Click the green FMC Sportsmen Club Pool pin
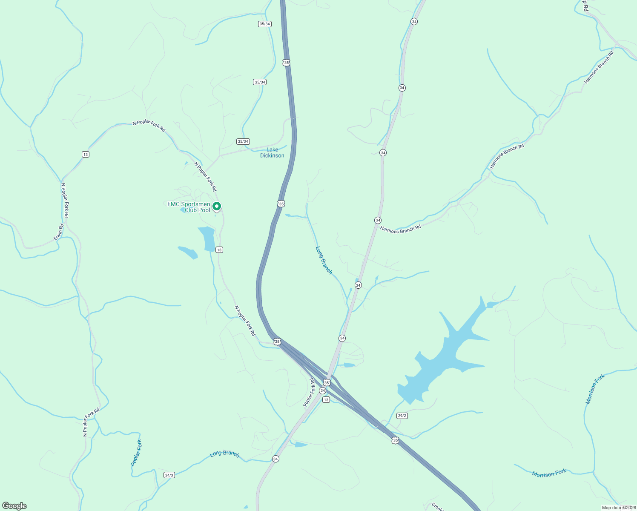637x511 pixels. pos(216,207)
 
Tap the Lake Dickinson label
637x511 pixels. pos(272,152)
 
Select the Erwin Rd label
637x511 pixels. pos(59,232)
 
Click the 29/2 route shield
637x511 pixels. pos(402,416)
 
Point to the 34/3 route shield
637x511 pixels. pos(169,475)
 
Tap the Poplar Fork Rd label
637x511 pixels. pos(310,392)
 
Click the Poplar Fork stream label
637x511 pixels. pos(136,453)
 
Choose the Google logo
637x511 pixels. pos(14,506)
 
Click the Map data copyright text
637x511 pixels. pos(618,508)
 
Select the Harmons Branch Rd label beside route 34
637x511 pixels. pos(400,229)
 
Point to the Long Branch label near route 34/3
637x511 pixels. pos(224,454)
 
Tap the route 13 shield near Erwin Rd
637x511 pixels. pos(86,154)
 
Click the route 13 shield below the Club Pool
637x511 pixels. pos(219,250)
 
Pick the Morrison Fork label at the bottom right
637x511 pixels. pos(549,473)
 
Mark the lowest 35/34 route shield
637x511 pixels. pos(243,141)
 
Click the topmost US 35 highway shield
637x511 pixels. pos(286,63)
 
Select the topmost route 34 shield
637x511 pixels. pos(414,21)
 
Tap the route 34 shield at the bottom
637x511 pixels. pos(275,459)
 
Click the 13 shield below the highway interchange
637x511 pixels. pos(326,400)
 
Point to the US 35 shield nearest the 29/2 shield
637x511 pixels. pos(396,440)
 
